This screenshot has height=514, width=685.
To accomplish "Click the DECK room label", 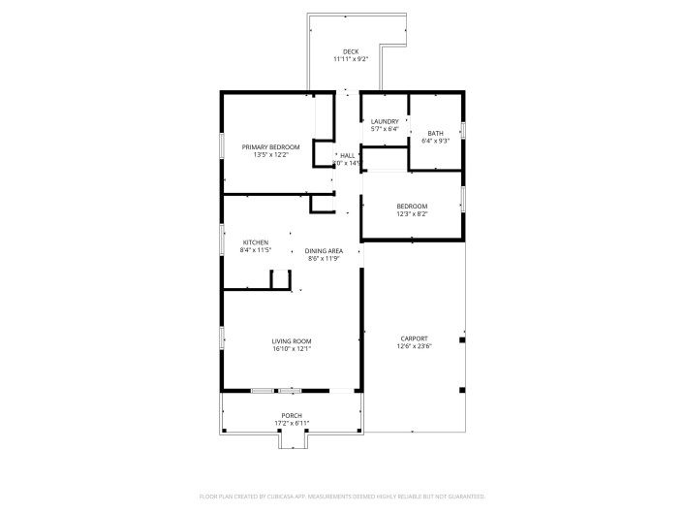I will pyautogui.click(x=351, y=51).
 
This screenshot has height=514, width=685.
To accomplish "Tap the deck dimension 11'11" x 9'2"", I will pyautogui.click(x=351, y=59).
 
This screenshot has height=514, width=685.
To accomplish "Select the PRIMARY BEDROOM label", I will pyautogui.click(x=271, y=146).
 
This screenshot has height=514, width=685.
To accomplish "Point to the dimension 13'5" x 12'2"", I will pyautogui.click(x=271, y=154).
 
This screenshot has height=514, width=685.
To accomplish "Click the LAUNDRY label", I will pyautogui.click(x=385, y=121).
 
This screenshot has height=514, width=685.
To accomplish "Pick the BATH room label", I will pyautogui.click(x=436, y=133).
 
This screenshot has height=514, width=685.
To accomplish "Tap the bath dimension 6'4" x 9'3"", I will pyautogui.click(x=436, y=141).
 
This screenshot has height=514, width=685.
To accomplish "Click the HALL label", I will pyautogui.click(x=348, y=155).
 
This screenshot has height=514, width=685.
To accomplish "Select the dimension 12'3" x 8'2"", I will pyautogui.click(x=412, y=213).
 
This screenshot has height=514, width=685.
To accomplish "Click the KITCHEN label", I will pyautogui.click(x=256, y=242).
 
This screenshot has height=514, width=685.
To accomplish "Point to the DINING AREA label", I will pyautogui.click(x=325, y=251).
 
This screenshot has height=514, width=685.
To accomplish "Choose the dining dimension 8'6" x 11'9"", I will pyautogui.click(x=325, y=259).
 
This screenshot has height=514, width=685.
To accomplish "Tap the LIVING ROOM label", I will pyautogui.click(x=291, y=341).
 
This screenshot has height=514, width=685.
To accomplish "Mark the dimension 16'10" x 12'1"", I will pyautogui.click(x=291, y=349).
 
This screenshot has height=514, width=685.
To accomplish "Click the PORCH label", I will pyautogui.click(x=292, y=415).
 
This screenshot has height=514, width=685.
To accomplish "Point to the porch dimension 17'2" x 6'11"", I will pyautogui.click(x=292, y=423).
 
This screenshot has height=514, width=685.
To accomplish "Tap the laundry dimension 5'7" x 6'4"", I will pyautogui.click(x=385, y=129).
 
